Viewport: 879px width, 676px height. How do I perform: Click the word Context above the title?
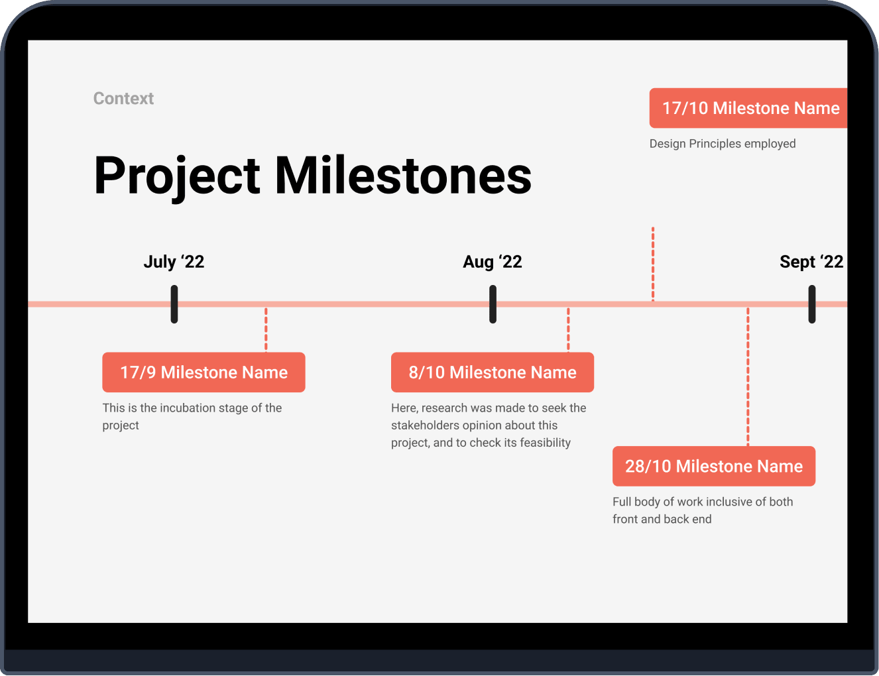click(123, 98)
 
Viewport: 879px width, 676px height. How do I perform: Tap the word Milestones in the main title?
click(403, 175)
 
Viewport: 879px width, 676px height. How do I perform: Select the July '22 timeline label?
click(174, 262)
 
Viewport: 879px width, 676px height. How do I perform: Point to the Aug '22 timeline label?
click(493, 262)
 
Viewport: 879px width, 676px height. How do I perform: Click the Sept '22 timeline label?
click(811, 262)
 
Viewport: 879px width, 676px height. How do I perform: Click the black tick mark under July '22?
click(174, 304)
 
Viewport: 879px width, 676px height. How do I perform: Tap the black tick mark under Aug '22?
click(493, 304)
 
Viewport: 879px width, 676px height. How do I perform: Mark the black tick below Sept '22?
click(812, 304)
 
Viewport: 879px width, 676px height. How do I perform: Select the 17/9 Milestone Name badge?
click(204, 372)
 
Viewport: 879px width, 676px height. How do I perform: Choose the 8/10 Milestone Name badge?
click(493, 372)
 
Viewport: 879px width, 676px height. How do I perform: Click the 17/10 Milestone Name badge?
click(748, 108)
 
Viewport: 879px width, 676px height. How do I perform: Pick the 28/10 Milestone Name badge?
click(714, 466)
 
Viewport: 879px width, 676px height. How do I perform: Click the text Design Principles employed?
click(723, 144)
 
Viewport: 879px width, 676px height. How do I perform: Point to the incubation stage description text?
click(192, 416)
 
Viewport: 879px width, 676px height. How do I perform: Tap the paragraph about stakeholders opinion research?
click(489, 425)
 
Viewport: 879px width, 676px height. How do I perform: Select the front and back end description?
click(703, 510)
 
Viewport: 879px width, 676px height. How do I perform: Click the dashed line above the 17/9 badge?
click(266, 329)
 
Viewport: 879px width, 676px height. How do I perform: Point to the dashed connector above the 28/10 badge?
click(748, 376)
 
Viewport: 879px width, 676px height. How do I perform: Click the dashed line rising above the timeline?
click(653, 264)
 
